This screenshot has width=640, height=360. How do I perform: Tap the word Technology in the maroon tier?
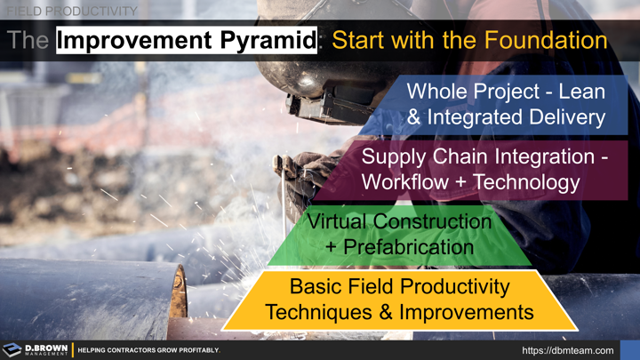[527, 182]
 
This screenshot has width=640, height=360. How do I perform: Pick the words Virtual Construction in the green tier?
[399, 220]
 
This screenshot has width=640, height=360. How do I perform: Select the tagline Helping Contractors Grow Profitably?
[148, 350]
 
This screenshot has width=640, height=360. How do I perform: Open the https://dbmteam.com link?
[568, 350]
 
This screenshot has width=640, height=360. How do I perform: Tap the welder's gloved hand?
[307, 169]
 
